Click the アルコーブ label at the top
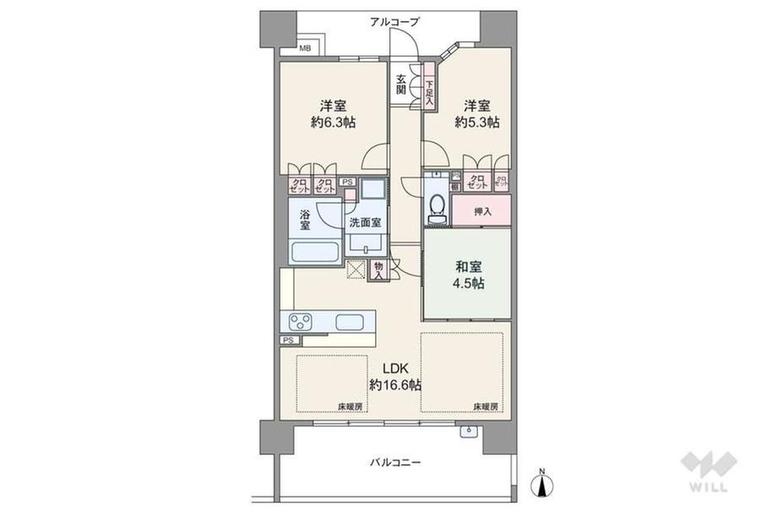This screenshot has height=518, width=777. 394,22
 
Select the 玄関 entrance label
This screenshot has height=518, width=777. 401,84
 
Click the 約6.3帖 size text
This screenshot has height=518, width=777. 332,123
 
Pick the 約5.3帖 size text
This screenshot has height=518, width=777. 476,123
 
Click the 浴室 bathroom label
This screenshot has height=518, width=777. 305,220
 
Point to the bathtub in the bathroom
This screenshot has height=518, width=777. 314,251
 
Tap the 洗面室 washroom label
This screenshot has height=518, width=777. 365,222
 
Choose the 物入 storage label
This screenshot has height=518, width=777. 378,270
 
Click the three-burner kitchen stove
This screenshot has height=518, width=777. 302,321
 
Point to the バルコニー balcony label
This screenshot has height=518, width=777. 394,463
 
